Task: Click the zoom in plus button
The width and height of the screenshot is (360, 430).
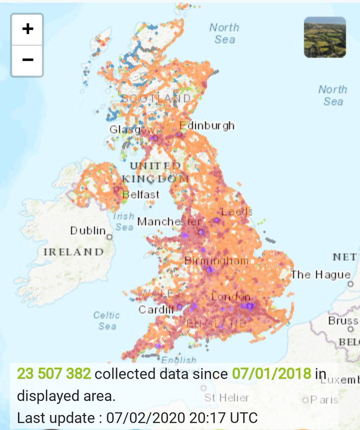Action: pyautogui.click(x=27, y=29)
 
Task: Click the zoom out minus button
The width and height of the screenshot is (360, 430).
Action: pyautogui.click(x=27, y=59)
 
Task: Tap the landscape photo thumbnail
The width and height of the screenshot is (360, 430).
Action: pyautogui.click(x=325, y=37)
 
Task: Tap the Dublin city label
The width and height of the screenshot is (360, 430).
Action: pyautogui.click(x=88, y=230)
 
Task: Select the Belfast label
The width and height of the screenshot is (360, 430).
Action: pyautogui.click(x=140, y=195)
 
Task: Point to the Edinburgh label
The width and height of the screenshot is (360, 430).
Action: pyautogui.click(x=207, y=126)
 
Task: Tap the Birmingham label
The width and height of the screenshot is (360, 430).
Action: pyautogui.click(x=216, y=261)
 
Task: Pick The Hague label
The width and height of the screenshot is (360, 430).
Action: pyautogui.click(x=321, y=275)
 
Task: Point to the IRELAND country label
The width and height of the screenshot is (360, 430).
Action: pyautogui.click(x=73, y=252)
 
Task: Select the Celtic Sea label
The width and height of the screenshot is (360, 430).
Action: pyautogui.click(x=106, y=321)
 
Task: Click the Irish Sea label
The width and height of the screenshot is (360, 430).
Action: pyautogui.click(x=124, y=222)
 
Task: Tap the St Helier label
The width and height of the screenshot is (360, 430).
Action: pyautogui.click(x=226, y=397)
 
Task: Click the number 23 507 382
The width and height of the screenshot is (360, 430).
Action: pyautogui.click(x=54, y=374)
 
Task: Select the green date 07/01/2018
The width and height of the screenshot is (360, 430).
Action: pyautogui.click(x=272, y=374)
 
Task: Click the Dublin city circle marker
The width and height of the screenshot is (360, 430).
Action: pyautogui.click(x=110, y=237)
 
